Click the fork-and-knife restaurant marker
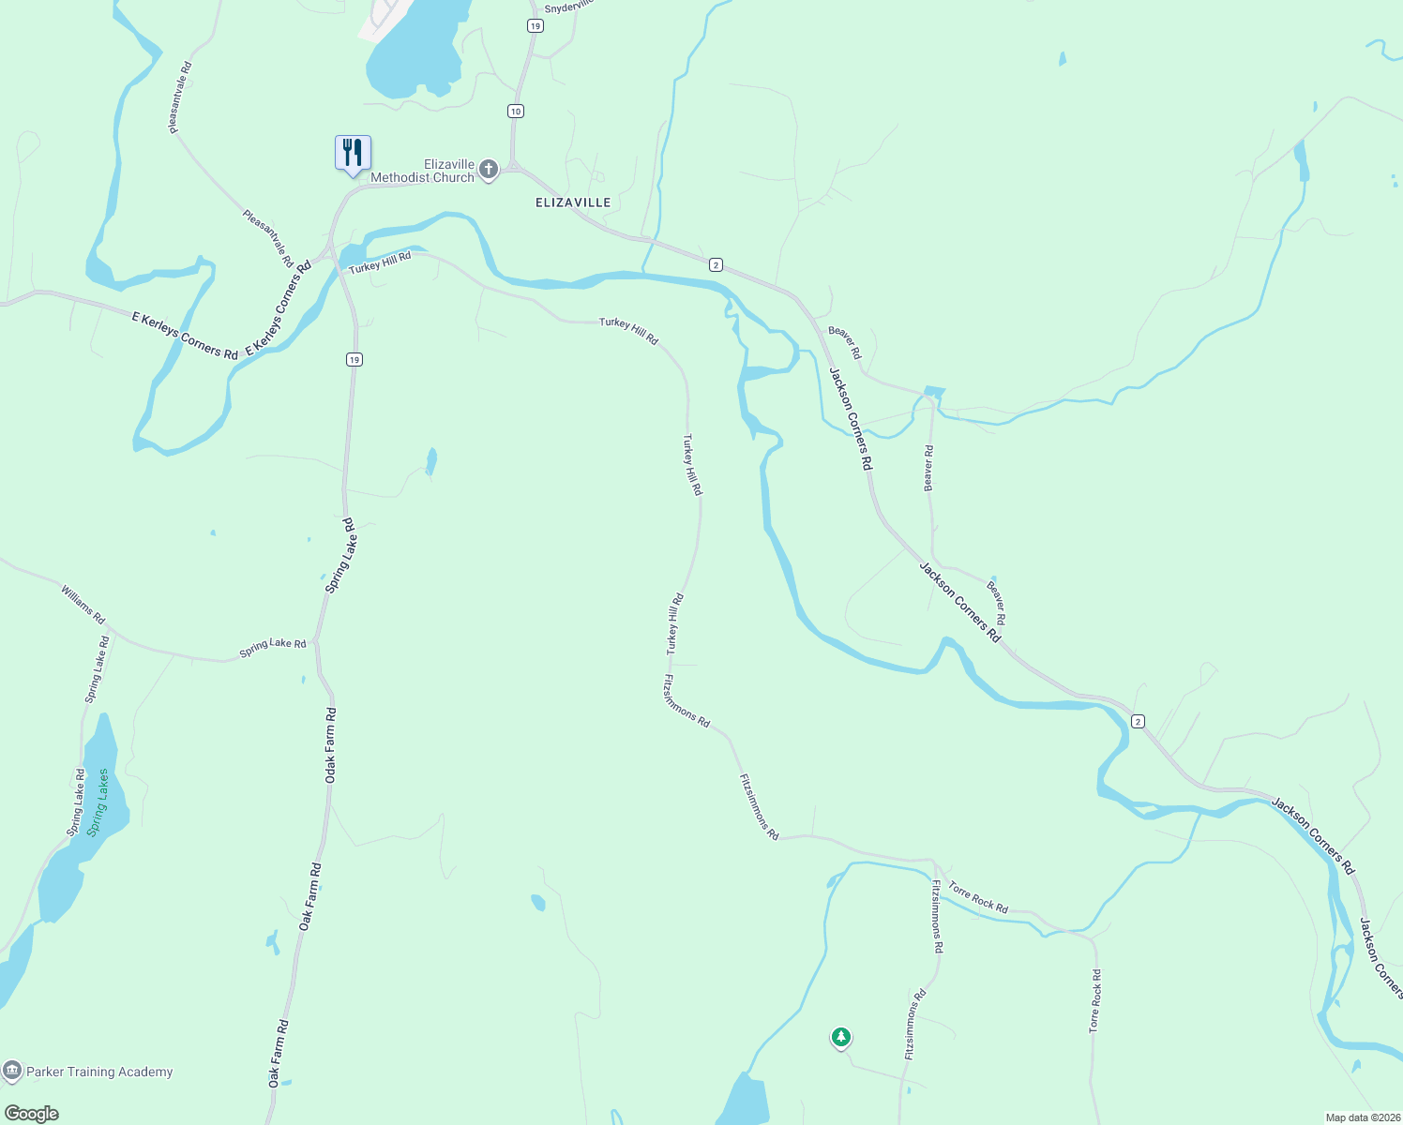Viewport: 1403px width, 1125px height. pyautogui.click(x=353, y=153)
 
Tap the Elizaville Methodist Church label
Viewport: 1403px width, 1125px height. pyautogui.click(x=423, y=171)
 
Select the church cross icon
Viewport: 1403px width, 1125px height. pyautogui.click(x=489, y=170)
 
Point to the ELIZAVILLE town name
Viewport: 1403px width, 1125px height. pyautogui.click(x=573, y=202)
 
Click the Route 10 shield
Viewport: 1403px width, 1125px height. pyautogui.click(x=515, y=112)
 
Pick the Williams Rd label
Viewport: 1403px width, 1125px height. pyautogui.click(x=83, y=605)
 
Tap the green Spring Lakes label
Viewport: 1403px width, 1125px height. pyautogui.click(x=98, y=802)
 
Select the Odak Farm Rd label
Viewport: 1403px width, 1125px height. pyautogui.click(x=330, y=746)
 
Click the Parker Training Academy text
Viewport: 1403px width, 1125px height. pyautogui.click(x=99, y=1072)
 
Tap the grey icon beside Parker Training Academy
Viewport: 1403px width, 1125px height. pyautogui.click(x=12, y=1071)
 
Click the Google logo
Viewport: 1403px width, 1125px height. pyautogui.click(x=32, y=1114)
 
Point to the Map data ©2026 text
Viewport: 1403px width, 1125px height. pyautogui.click(x=1361, y=1117)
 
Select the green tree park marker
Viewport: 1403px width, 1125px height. pyautogui.click(x=841, y=1037)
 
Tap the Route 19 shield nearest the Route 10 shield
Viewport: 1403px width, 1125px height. pyautogui.click(x=535, y=26)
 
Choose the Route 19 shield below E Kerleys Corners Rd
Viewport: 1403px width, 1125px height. pyautogui.click(x=354, y=360)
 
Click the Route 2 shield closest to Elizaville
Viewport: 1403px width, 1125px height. pyautogui.click(x=716, y=265)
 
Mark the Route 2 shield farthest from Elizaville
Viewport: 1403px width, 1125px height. pyautogui.click(x=1138, y=721)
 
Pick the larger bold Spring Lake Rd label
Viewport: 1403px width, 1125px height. pyautogui.click(x=341, y=555)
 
